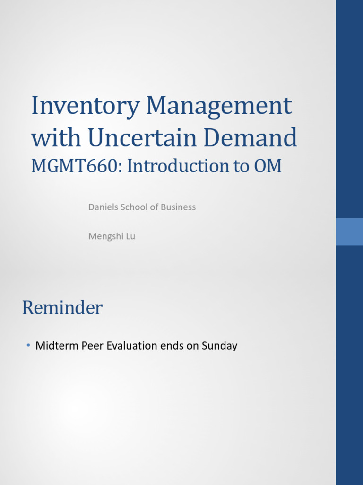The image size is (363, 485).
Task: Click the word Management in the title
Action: pos(219,106)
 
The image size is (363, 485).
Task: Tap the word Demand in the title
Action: pos(250,138)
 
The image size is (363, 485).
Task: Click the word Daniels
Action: pos(102,207)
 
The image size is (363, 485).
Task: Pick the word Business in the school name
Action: pos(178,207)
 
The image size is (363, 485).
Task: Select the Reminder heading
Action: pos(62,308)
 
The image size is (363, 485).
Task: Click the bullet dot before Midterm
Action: pos(28,346)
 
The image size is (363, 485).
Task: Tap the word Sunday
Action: pos(219,346)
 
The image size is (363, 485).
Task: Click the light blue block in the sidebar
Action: pos(349,232)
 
